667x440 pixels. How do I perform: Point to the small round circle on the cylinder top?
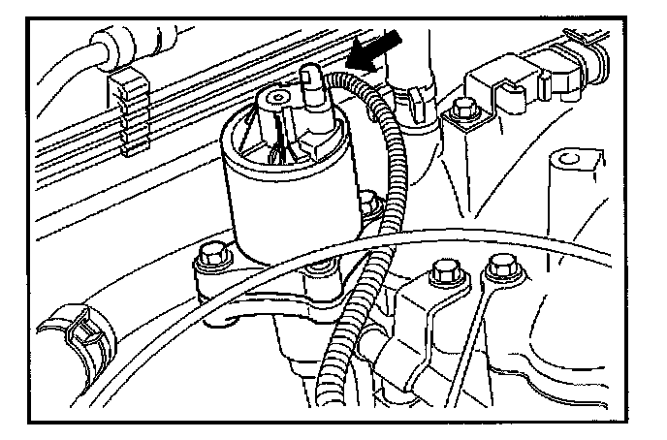tap(280, 98)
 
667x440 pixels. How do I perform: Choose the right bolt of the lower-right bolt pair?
tap(501, 265)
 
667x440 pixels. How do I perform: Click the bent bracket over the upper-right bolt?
tap(494, 92)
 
